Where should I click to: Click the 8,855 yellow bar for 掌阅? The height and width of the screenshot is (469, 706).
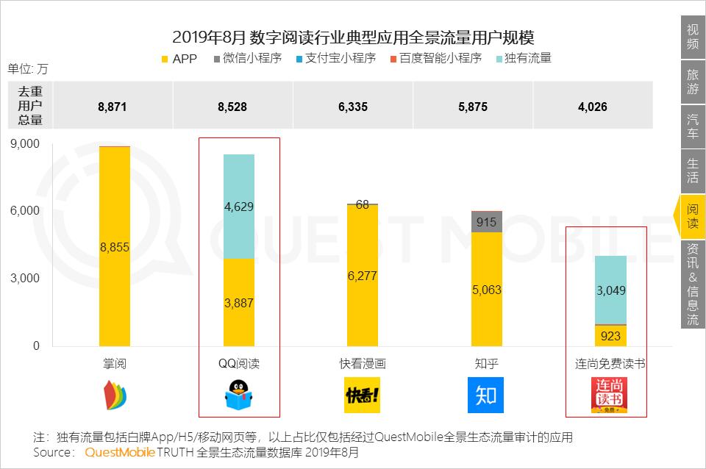tap(115, 247)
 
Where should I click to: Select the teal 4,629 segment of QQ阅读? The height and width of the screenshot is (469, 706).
tap(239, 207)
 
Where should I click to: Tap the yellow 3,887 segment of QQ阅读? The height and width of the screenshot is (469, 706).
tap(239, 302)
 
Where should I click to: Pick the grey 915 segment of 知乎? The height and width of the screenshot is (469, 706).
tap(487, 222)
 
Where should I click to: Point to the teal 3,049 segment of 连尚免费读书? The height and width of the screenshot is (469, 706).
tap(611, 290)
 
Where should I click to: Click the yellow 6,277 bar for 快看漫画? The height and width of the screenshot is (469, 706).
tap(363, 276)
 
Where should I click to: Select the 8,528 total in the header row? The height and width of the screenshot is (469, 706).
tap(233, 107)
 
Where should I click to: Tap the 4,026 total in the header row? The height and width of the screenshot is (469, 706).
tap(593, 107)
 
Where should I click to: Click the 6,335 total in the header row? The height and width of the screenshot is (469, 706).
tap(353, 107)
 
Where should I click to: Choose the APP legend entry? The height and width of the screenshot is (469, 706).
tap(179, 58)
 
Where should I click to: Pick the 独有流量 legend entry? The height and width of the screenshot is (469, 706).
tap(524, 58)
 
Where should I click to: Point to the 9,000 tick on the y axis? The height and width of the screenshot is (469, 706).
tap(26, 144)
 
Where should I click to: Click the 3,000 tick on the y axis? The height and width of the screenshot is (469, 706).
tap(26, 279)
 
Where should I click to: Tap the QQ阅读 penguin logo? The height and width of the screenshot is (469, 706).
tap(239, 395)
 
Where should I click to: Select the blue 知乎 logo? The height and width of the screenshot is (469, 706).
tap(486, 395)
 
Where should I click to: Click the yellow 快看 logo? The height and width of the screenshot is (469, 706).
tap(363, 395)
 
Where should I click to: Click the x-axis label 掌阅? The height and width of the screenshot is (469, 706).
tap(115, 364)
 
